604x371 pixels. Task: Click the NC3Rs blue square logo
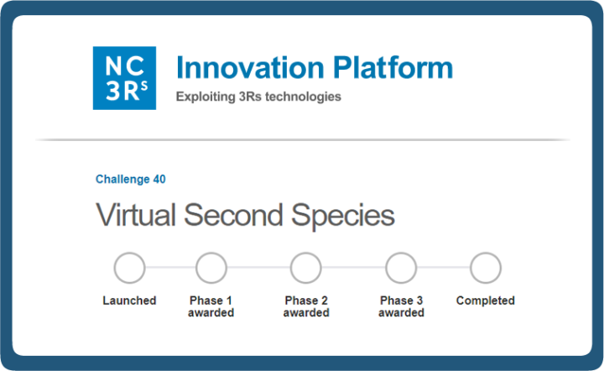coord(124,78)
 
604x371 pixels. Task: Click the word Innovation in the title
coord(250,68)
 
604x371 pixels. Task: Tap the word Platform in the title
coord(393,68)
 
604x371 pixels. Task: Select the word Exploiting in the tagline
coord(206,97)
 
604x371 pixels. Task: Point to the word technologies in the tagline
coord(303,97)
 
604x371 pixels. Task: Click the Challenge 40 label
coord(131,179)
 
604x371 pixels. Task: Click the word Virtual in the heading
coord(136,215)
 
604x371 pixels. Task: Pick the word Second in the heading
coord(233,215)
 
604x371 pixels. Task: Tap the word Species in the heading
coord(343,216)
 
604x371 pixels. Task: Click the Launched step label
coord(129,300)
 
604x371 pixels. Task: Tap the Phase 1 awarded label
coord(211,306)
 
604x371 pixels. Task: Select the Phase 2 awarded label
coord(306,306)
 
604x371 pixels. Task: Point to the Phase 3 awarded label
coord(401,306)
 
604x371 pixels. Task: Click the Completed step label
coord(486,300)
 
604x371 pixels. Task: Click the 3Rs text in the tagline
coord(250,97)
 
